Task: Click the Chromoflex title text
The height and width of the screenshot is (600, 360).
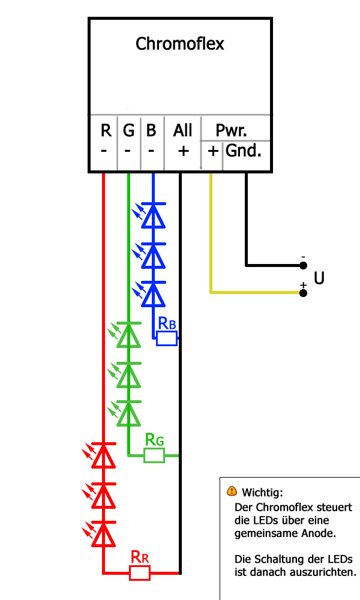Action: (x=179, y=44)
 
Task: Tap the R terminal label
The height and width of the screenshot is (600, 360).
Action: (x=106, y=130)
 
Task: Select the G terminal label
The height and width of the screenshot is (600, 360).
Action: (x=128, y=130)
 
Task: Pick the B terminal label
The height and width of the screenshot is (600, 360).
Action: (x=151, y=130)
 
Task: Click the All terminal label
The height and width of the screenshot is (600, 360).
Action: (x=182, y=130)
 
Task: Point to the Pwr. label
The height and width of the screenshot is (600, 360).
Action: (x=231, y=130)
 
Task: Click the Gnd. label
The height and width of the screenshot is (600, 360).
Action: (x=244, y=151)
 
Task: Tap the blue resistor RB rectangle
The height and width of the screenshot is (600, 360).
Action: (x=167, y=339)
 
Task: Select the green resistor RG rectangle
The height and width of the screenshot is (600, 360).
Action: (x=154, y=455)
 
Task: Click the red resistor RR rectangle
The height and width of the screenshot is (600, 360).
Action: (x=140, y=573)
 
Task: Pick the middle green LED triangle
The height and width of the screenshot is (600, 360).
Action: (x=128, y=376)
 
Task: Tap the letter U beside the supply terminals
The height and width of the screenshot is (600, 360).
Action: (x=319, y=279)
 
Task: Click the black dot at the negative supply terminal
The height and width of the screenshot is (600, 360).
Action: (x=304, y=265)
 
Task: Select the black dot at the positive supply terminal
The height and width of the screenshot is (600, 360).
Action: (x=304, y=293)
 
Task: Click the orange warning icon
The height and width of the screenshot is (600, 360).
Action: (x=232, y=491)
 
